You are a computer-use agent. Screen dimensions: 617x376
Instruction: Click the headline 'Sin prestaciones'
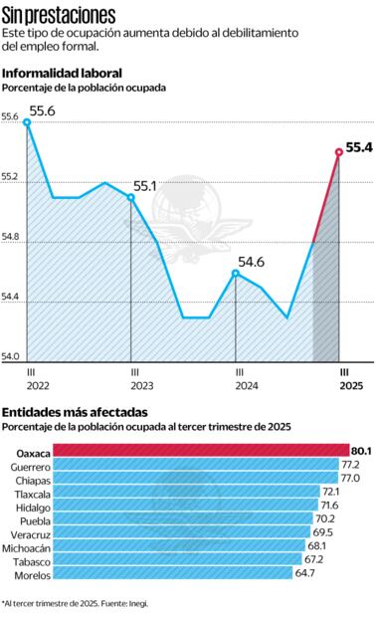[59, 15]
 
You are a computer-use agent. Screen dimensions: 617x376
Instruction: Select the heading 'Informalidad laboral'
[63, 74]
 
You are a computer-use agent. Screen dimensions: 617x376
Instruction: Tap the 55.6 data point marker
[27, 122]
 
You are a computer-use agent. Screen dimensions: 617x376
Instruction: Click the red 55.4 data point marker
[339, 152]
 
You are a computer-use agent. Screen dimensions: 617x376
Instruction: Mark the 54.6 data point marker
[236, 273]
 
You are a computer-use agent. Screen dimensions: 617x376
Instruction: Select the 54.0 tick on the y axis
[11, 355]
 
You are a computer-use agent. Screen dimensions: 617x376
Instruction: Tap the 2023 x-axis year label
[141, 385]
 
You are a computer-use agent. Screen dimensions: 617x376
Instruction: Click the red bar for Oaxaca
[200, 451]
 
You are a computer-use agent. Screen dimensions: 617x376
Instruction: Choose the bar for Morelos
[173, 573]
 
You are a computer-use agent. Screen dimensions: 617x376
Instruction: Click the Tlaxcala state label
[31, 492]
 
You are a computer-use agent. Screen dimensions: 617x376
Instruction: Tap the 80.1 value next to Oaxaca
[361, 451]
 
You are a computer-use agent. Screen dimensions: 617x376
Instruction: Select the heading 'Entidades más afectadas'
[75, 412]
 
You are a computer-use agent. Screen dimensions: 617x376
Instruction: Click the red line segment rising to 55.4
[326, 197]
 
